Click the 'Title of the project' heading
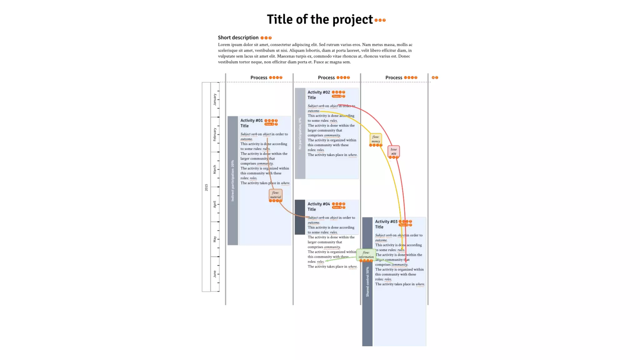click(x=319, y=19)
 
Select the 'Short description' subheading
click(x=238, y=37)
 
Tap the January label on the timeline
click(x=214, y=99)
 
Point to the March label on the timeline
click(x=214, y=169)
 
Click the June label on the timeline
click(x=214, y=274)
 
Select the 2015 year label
click(x=206, y=187)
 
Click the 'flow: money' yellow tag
click(x=376, y=139)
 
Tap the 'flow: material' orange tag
click(x=275, y=195)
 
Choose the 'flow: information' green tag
click(x=366, y=255)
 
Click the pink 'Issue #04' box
click(x=393, y=151)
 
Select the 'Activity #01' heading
click(x=252, y=121)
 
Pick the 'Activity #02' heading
click(x=319, y=92)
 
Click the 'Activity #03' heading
click(x=386, y=222)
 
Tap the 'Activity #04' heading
click(x=319, y=204)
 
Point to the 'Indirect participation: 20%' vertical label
click(x=232, y=181)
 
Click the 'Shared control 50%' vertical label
click(x=367, y=281)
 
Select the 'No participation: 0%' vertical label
click(x=300, y=133)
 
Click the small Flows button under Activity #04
click(x=337, y=207)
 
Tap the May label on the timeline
click(x=214, y=239)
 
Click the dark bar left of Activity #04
click(x=300, y=217)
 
